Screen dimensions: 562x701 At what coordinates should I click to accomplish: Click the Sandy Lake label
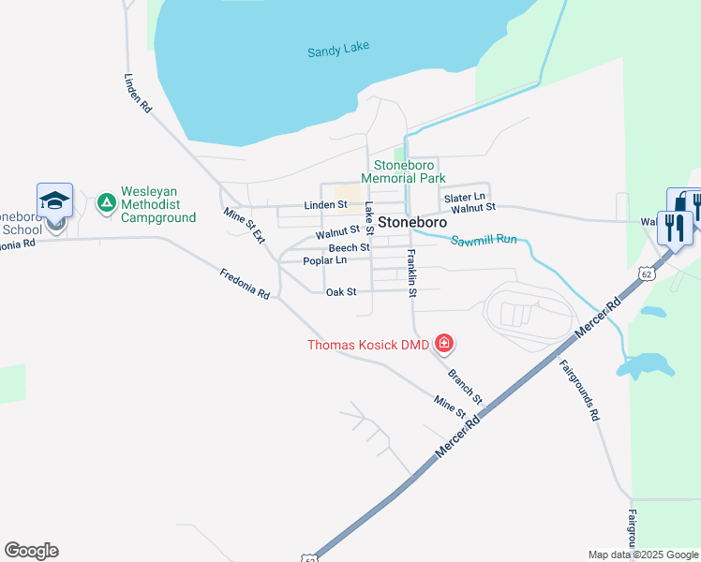pos(338,50)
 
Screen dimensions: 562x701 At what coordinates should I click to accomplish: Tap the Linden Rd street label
pos(137,94)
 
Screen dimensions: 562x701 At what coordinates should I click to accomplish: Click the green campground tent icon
pos(106,202)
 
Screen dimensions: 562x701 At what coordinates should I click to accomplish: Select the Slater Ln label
pos(465,197)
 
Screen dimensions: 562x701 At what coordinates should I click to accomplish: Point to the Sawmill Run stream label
pos(485,241)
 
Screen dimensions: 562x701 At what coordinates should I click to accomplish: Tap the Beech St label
pos(349,247)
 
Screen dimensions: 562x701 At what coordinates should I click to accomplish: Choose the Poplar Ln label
pos(325,260)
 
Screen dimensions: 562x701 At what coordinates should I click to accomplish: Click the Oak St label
pos(341,292)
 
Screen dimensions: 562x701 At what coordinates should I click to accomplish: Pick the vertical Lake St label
pos(369,220)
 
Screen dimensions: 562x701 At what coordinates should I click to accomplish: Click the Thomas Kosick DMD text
pos(368,345)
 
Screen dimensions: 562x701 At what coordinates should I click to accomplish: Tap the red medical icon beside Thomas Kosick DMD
pos(444,345)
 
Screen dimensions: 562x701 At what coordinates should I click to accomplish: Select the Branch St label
pos(465,386)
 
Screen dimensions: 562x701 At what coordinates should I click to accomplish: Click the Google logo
pos(31,551)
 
